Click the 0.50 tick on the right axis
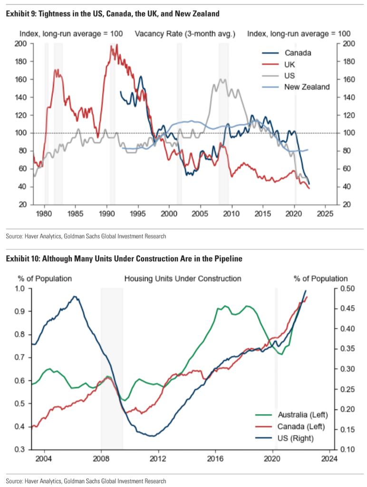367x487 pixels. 348,288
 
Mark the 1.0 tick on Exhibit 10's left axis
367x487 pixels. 24,288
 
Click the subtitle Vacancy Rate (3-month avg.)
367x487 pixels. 185,34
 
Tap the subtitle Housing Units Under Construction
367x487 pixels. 183,278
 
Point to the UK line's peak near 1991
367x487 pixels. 116,45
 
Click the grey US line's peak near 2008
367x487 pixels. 222,80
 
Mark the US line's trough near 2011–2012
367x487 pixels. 152,436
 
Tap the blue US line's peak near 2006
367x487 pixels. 74,297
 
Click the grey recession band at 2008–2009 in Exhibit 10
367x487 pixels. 112,362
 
